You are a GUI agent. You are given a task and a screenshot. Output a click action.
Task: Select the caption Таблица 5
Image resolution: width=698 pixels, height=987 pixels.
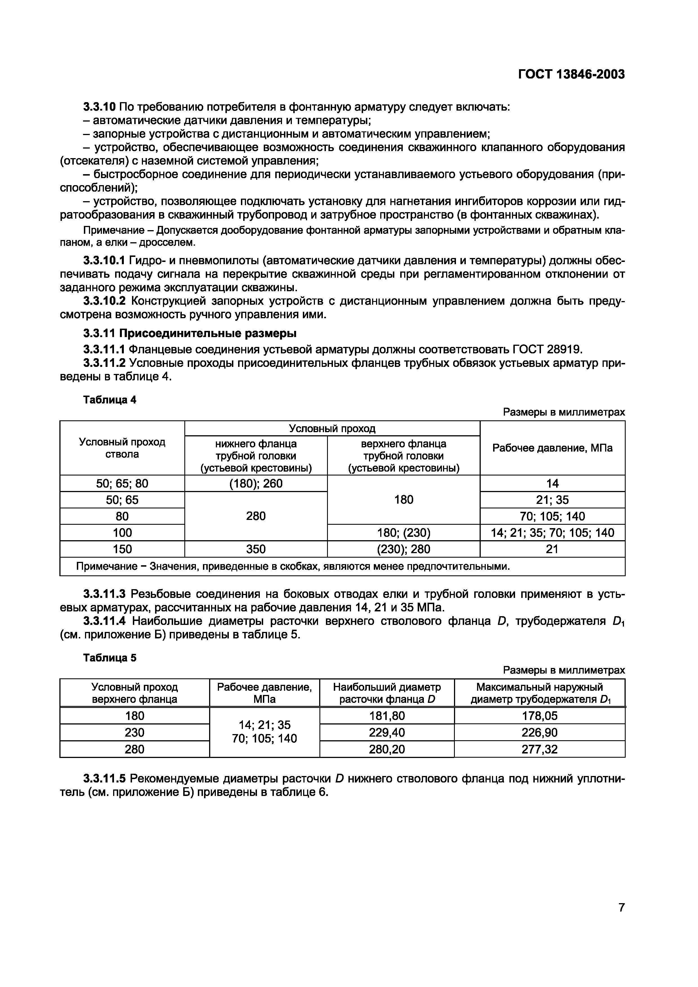[110, 658]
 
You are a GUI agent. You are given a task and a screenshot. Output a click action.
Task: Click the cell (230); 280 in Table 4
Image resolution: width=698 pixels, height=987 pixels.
[403, 549]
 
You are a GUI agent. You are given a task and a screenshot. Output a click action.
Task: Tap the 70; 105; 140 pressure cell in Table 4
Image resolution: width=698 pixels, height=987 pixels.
[552, 516]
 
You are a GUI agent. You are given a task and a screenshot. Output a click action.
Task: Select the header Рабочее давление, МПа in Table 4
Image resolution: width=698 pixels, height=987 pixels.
[552, 448]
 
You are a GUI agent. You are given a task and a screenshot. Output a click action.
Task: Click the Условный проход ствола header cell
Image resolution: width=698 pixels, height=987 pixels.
[122, 448]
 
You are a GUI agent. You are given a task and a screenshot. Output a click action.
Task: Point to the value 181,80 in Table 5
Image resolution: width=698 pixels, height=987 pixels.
[387, 716]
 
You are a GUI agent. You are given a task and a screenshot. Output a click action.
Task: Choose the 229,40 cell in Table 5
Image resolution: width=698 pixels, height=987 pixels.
[387, 732]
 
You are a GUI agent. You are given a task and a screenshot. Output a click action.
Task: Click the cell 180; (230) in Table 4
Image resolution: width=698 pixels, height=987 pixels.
[403, 533]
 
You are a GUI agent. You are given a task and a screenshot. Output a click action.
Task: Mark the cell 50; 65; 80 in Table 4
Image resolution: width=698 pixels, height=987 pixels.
[122, 484]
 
